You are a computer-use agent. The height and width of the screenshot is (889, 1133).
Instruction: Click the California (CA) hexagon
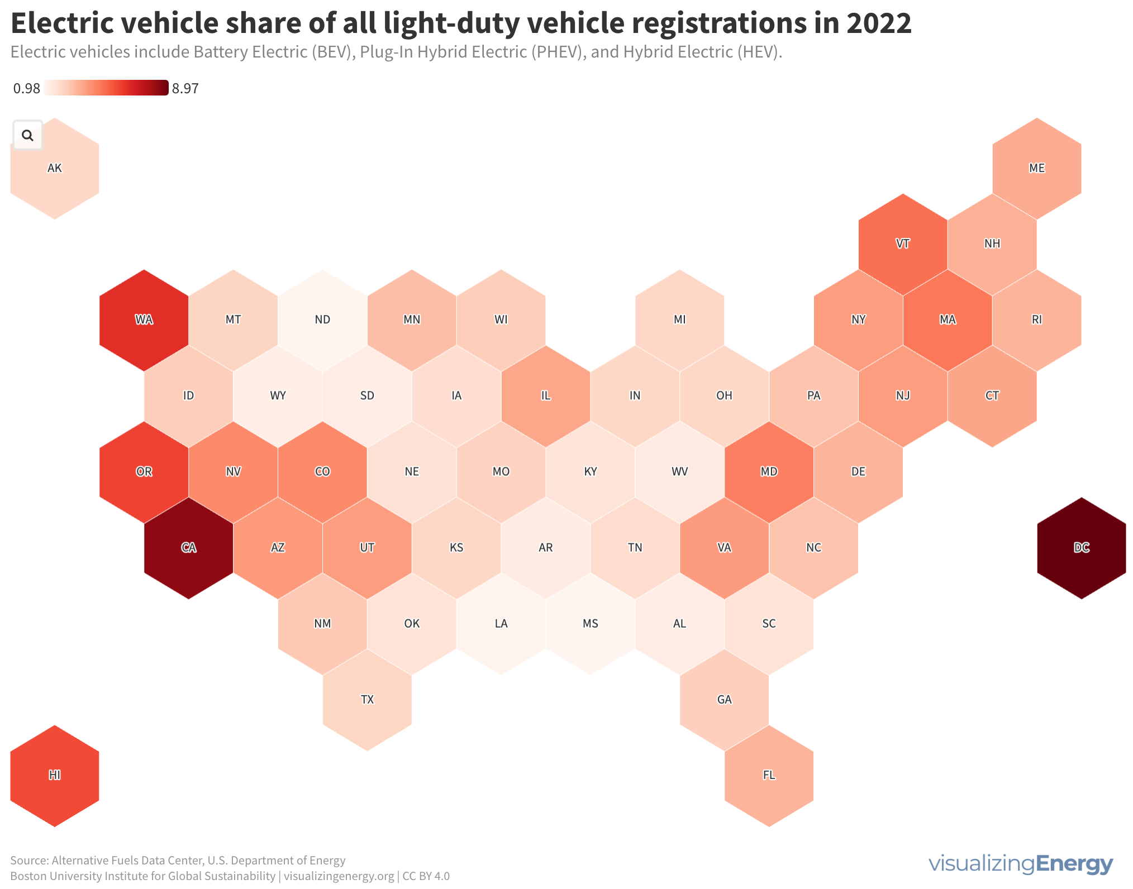189,548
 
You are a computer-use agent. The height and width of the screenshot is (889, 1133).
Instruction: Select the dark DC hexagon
1082,548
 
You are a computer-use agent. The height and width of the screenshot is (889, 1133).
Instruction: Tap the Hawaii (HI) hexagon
55,775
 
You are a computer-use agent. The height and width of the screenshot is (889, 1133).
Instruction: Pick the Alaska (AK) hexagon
55,173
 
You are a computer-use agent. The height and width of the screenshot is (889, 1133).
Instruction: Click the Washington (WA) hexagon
144,320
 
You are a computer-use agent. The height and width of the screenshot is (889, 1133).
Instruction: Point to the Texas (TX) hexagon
367,700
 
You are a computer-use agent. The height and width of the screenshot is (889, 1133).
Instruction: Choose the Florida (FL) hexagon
769,775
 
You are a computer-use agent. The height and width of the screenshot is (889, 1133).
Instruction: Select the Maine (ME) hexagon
1037,168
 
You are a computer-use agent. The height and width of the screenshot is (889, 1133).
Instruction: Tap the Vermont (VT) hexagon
903,244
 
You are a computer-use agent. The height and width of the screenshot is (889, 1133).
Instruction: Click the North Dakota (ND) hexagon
322,320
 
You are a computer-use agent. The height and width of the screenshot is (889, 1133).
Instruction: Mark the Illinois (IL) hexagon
546,396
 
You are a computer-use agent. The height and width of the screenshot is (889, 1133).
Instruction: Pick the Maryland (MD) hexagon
769,472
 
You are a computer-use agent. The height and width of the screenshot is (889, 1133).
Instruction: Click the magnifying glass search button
27,135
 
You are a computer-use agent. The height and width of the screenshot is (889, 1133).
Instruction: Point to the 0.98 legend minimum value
27,89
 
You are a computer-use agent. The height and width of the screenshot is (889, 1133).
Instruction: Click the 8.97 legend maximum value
185,89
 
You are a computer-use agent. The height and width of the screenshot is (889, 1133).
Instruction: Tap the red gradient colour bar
106,88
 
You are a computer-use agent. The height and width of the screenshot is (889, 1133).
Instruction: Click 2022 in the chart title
879,23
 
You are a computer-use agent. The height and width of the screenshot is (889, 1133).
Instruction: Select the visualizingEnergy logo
1021,864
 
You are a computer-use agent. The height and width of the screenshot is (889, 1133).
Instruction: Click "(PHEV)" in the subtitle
556,52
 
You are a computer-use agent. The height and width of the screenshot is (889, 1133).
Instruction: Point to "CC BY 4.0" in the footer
426,876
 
